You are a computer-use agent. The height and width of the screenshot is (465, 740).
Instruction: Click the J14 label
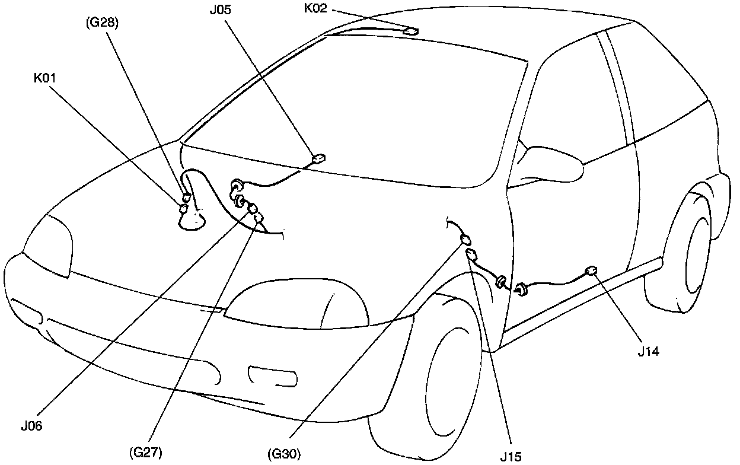click(649, 351)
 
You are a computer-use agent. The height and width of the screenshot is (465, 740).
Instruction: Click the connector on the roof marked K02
click(410, 31)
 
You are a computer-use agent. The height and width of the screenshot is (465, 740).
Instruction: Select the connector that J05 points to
click(319, 159)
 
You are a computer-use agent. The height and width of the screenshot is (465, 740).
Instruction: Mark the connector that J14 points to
click(591, 271)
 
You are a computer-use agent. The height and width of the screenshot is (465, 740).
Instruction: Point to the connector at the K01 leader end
click(184, 208)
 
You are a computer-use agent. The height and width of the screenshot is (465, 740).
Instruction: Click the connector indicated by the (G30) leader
click(465, 240)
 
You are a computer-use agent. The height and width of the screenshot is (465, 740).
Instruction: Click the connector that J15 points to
click(472, 255)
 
